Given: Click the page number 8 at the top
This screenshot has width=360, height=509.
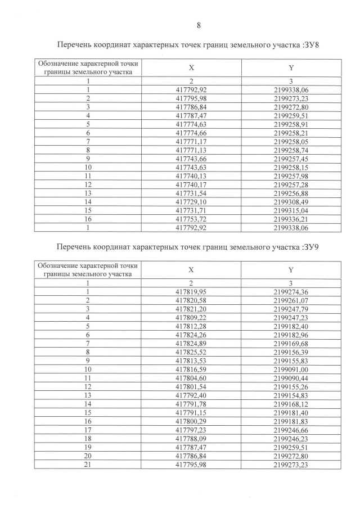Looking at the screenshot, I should [x=199, y=25].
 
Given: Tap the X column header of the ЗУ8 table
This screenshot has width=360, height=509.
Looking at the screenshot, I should [x=191, y=67].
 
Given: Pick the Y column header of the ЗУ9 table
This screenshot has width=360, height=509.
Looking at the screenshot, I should [x=291, y=269].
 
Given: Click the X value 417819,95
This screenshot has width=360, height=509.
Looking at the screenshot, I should [x=191, y=291].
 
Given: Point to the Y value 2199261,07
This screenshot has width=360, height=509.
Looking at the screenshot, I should [x=291, y=300].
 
